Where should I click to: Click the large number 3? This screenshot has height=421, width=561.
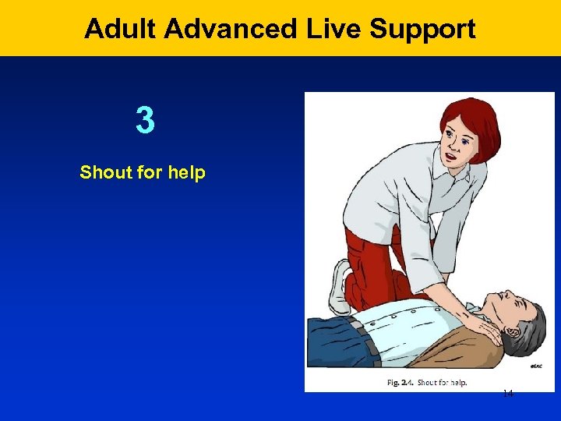coord(144,121)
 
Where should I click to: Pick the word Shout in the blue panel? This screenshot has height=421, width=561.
coord(104,172)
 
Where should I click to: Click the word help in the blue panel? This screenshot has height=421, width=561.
coord(185,172)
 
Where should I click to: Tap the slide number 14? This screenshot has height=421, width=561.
coord(507,394)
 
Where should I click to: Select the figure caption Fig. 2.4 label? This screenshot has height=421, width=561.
coord(400,383)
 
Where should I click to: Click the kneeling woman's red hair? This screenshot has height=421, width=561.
coord(467,117)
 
